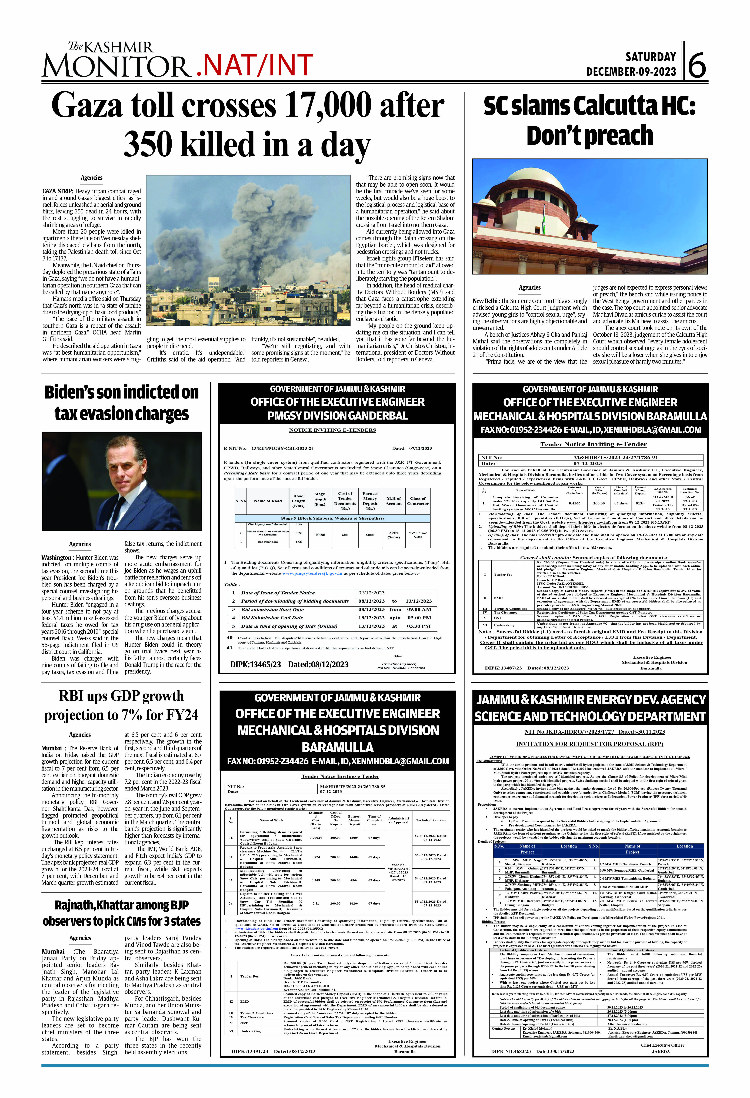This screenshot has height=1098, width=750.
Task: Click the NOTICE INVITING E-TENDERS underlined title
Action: click(x=332, y=430)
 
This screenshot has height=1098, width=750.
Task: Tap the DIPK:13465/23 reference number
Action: click(x=255, y=664)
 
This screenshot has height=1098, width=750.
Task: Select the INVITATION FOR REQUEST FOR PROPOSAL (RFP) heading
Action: click(x=589, y=744)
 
